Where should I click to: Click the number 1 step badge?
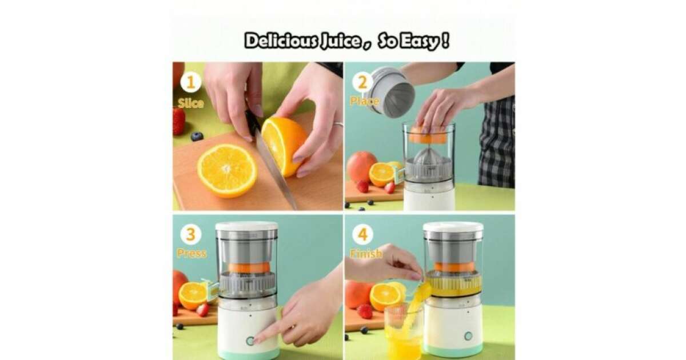[x=190, y=82]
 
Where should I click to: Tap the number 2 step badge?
[x=362, y=82]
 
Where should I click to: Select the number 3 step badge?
[x=190, y=234]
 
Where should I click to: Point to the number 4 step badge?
[x=362, y=234]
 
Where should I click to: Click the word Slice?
[x=190, y=103]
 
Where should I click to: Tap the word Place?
[x=365, y=101]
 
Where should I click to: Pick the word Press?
[x=192, y=253]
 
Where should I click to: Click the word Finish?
[x=366, y=254]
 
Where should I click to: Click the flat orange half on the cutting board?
[x=227, y=170]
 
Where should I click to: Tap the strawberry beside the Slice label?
[x=178, y=121]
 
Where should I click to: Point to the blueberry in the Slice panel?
[x=197, y=136]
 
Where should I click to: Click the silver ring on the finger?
[x=338, y=124]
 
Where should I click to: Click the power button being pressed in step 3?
[x=250, y=341]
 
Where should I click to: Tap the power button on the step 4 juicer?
[x=468, y=336]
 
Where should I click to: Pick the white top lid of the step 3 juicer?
[x=246, y=226]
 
